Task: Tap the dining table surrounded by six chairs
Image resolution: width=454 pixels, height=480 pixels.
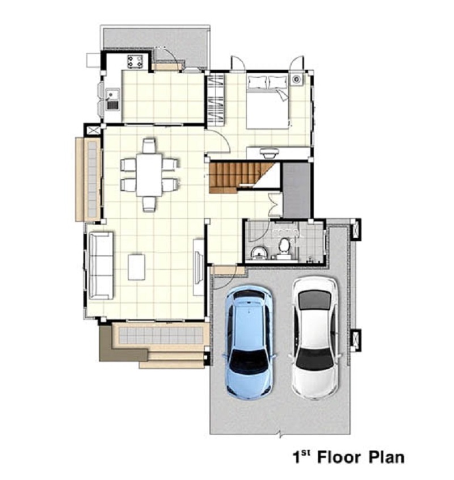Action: point(149,174)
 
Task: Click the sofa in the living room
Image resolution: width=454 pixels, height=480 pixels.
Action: point(101,266)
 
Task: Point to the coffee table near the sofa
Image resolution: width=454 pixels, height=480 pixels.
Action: point(136,267)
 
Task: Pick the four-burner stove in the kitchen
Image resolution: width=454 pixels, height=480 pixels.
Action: point(135,61)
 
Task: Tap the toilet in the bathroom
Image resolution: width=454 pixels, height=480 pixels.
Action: point(283,246)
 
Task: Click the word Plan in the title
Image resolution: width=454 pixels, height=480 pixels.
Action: point(386,457)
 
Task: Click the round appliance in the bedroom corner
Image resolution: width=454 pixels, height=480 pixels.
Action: point(297,79)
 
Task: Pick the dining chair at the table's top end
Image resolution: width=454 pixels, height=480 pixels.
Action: point(149,146)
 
